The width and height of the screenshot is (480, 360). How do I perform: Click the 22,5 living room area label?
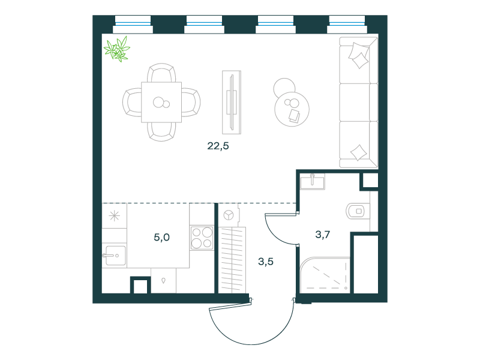click(x=218, y=146)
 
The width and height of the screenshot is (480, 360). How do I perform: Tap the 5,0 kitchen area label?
click(x=161, y=237)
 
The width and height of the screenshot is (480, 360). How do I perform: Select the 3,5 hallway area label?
click(x=266, y=262)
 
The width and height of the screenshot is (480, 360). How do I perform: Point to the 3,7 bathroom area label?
click(x=323, y=235)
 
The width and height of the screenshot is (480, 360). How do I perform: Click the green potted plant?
click(x=117, y=49)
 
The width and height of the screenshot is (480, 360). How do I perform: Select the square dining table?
click(x=161, y=102)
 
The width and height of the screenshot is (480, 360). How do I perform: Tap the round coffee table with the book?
click(x=292, y=109)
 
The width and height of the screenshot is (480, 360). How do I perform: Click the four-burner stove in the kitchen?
click(x=202, y=238)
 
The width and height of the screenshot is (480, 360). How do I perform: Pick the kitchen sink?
click(x=114, y=256)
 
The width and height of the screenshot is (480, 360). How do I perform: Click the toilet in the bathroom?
click(x=358, y=211)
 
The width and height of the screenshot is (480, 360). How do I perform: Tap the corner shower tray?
click(x=325, y=275)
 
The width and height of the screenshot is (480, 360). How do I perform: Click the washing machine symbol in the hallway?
click(x=229, y=215)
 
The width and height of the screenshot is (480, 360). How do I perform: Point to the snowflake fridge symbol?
click(x=115, y=216)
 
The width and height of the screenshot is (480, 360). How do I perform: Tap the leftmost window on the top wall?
click(x=133, y=25)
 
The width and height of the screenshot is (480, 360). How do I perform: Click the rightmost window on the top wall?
click(x=347, y=25)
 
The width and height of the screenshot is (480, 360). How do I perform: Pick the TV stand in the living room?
click(x=232, y=102)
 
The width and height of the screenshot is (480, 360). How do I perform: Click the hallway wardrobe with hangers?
click(x=232, y=260)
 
